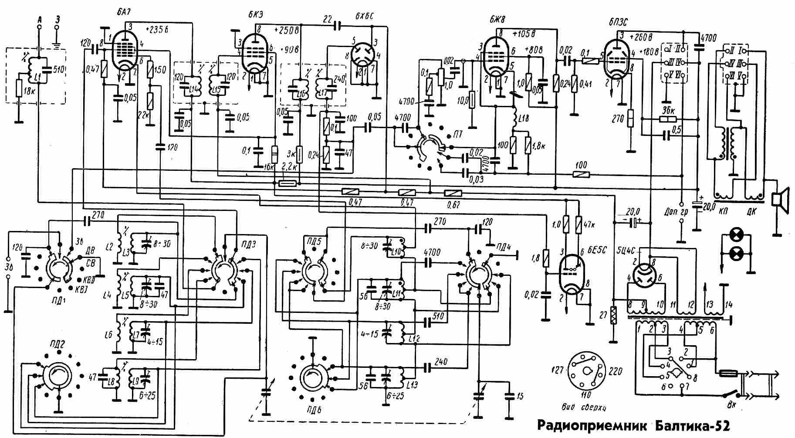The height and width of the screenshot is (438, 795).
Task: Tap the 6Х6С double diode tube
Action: [x=362, y=57]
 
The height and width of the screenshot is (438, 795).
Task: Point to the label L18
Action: [x=523, y=119]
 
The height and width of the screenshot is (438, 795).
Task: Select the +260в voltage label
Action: [x=636, y=36]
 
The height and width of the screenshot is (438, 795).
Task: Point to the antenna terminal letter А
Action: [x=40, y=19]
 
